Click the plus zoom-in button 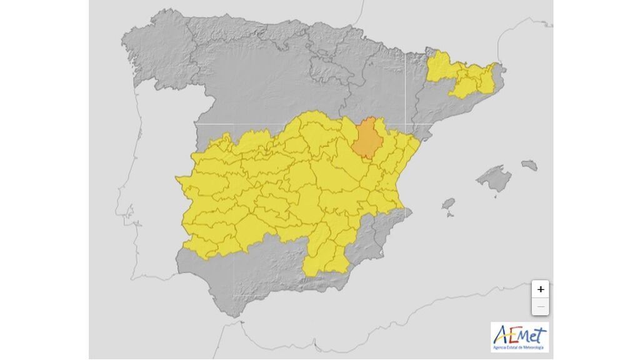coord(541,289)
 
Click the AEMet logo coord(519,337)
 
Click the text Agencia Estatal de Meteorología coord(519,347)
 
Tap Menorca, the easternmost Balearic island coord(529,165)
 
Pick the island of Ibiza coord(448,204)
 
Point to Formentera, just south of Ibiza coord(450,216)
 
